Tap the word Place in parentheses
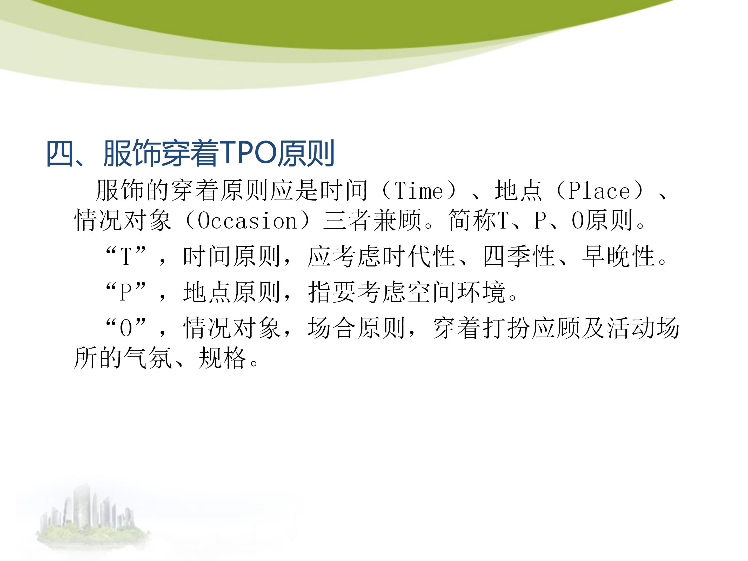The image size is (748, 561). point(599,191)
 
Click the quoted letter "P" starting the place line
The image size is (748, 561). point(126,292)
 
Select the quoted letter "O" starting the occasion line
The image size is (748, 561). point(126,328)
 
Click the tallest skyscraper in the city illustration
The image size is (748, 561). point(81,507)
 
